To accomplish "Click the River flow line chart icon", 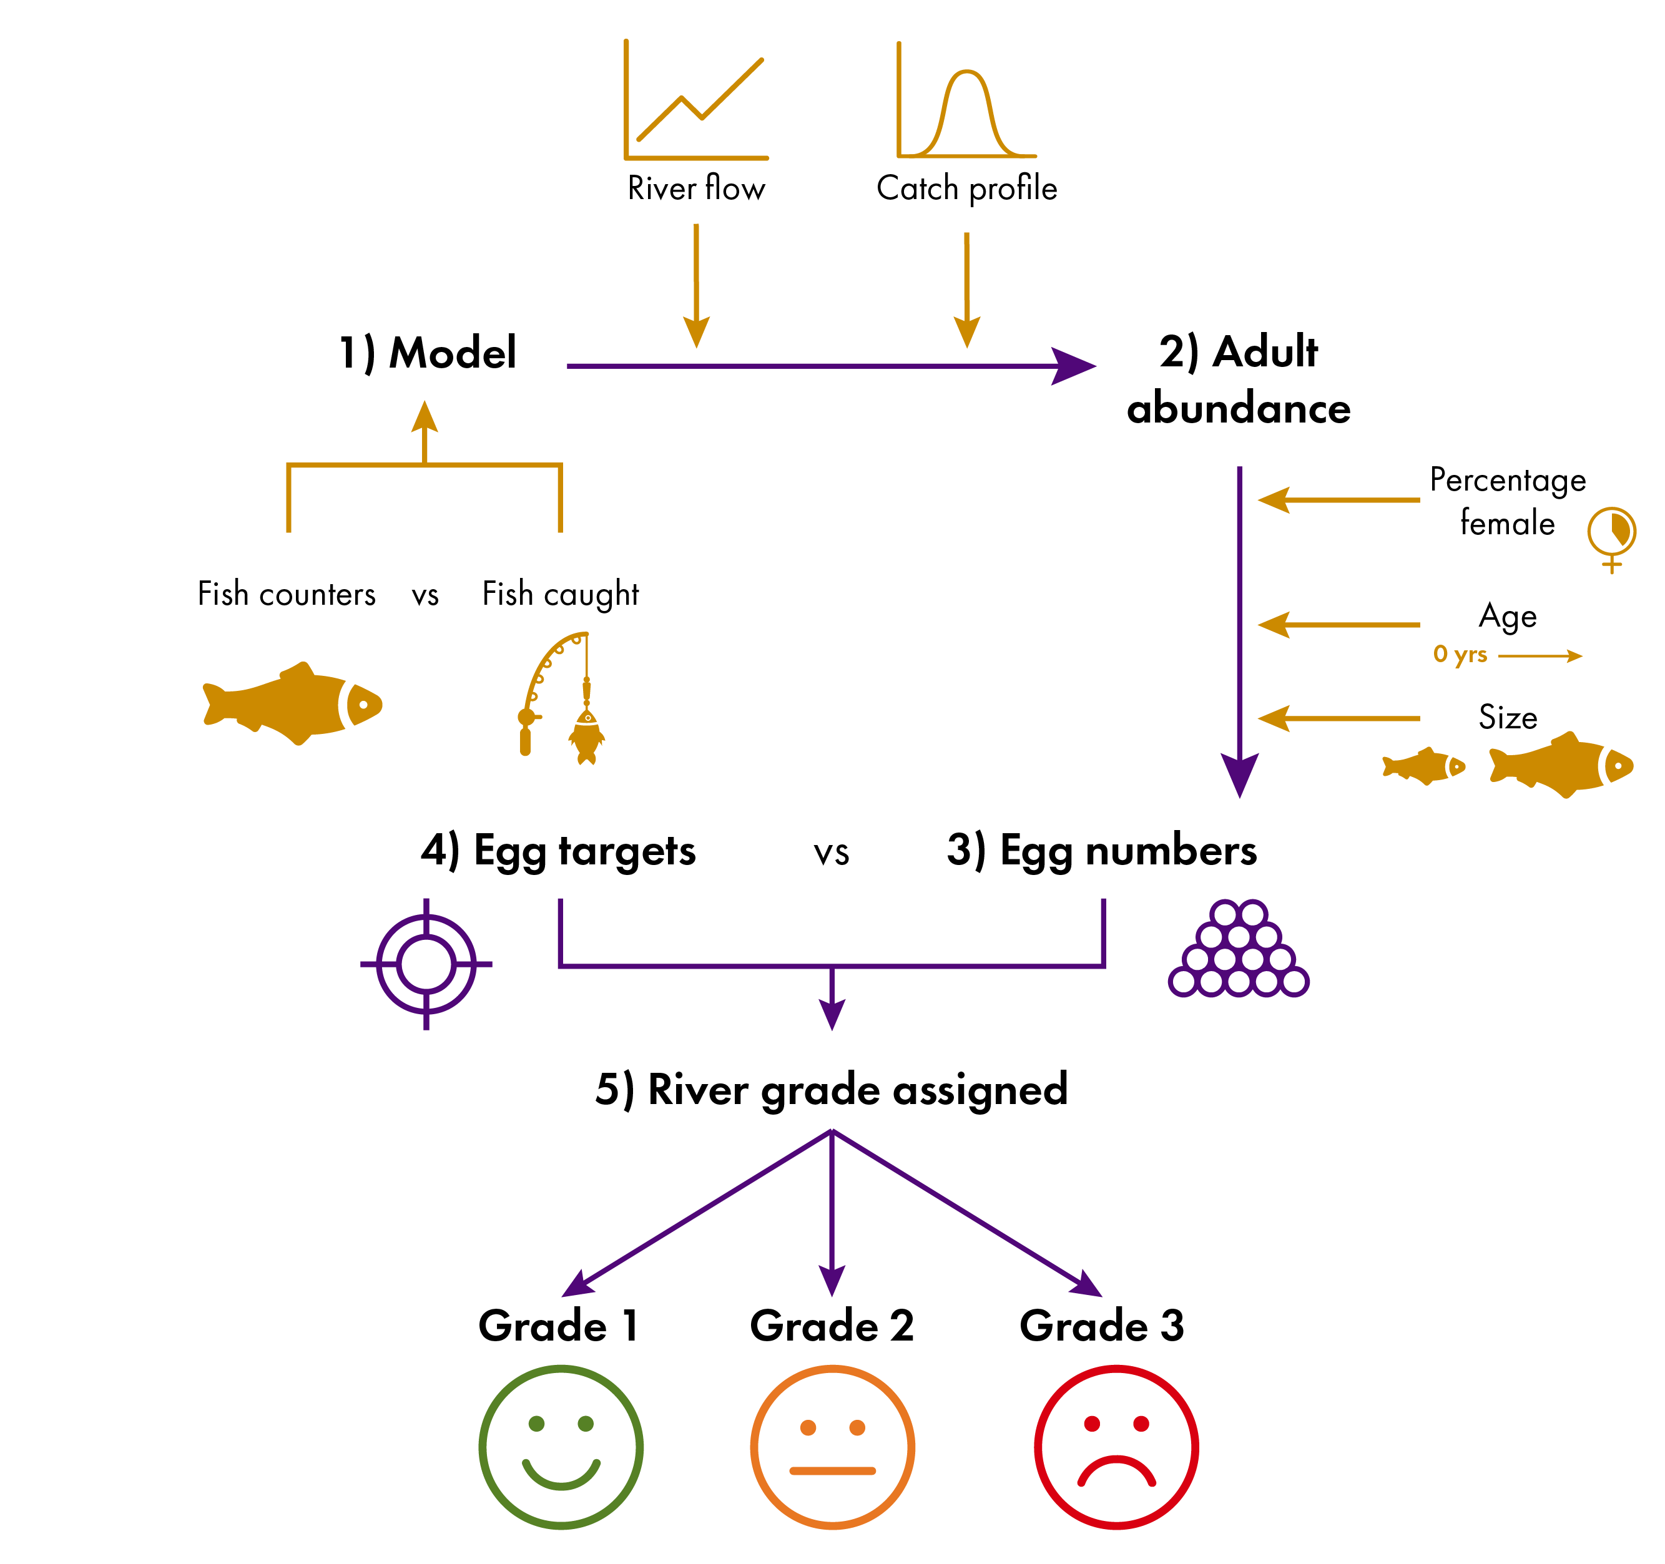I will click(696, 100).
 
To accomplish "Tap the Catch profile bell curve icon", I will click(966, 100).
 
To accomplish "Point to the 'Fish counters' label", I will click(287, 594).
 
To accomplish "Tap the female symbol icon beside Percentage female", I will click(1611, 536).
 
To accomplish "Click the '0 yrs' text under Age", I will click(1460, 654).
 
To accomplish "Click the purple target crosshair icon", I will click(426, 964).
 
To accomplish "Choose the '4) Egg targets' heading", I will click(557, 851).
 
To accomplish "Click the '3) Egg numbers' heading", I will click(1101, 851).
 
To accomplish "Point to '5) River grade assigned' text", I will click(832, 1091).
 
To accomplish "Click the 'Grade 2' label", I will click(832, 1326).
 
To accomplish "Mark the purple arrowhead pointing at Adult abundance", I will click(1074, 366).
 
